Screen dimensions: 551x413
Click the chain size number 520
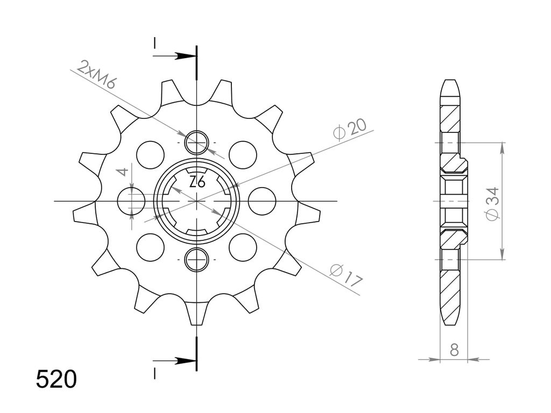pyautogui.click(x=56, y=379)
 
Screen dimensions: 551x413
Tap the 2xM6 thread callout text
pyautogui.click(x=96, y=75)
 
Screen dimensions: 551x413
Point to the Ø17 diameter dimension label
pyautogui.click(x=346, y=275)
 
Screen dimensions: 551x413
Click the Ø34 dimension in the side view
pyautogui.click(x=493, y=204)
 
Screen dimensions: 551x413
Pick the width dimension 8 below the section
pyautogui.click(x=454, y=350)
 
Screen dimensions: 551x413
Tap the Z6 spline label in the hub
pyautogui.click(x=197, y=182)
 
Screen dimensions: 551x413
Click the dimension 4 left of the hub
pyautogui.click(x=123, y=172)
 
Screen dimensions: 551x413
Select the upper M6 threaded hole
pyautogui.click(x=197, y=143)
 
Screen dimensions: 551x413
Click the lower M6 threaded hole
pyautogui.click(x=197, y=260)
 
